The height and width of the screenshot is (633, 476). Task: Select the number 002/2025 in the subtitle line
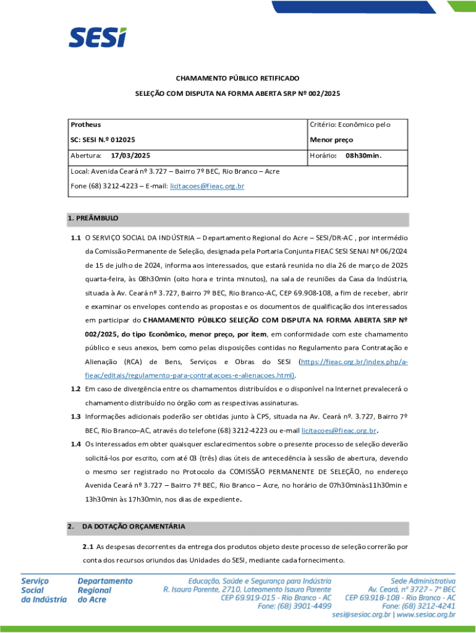(x=325, y=93)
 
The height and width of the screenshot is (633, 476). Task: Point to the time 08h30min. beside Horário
(x=363, y=156)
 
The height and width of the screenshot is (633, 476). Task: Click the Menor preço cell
(x=331, y=140)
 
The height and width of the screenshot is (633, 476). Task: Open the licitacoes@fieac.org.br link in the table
(x=207, y=185)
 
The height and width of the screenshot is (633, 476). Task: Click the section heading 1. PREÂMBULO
(x=93, y=219)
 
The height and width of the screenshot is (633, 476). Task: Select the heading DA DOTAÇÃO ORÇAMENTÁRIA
(x=134, y=527)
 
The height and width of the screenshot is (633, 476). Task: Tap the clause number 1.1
(x=75, y=237)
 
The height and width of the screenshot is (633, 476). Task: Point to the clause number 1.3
(x=75, y=416)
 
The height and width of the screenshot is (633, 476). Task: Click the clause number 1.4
(x=75, y=444)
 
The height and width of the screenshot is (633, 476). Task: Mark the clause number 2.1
(x=88, y=546)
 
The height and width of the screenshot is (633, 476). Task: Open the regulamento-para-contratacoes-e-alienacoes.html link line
(x=189, y=375)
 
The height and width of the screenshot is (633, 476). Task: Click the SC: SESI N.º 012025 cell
(x=103, y=140)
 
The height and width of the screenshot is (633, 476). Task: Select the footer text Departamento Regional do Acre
(x=105, y=590)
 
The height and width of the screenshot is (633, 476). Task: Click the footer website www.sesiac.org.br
(x=426, y=615)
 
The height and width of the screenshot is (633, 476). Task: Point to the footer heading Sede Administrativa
(x=423, y=581)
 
